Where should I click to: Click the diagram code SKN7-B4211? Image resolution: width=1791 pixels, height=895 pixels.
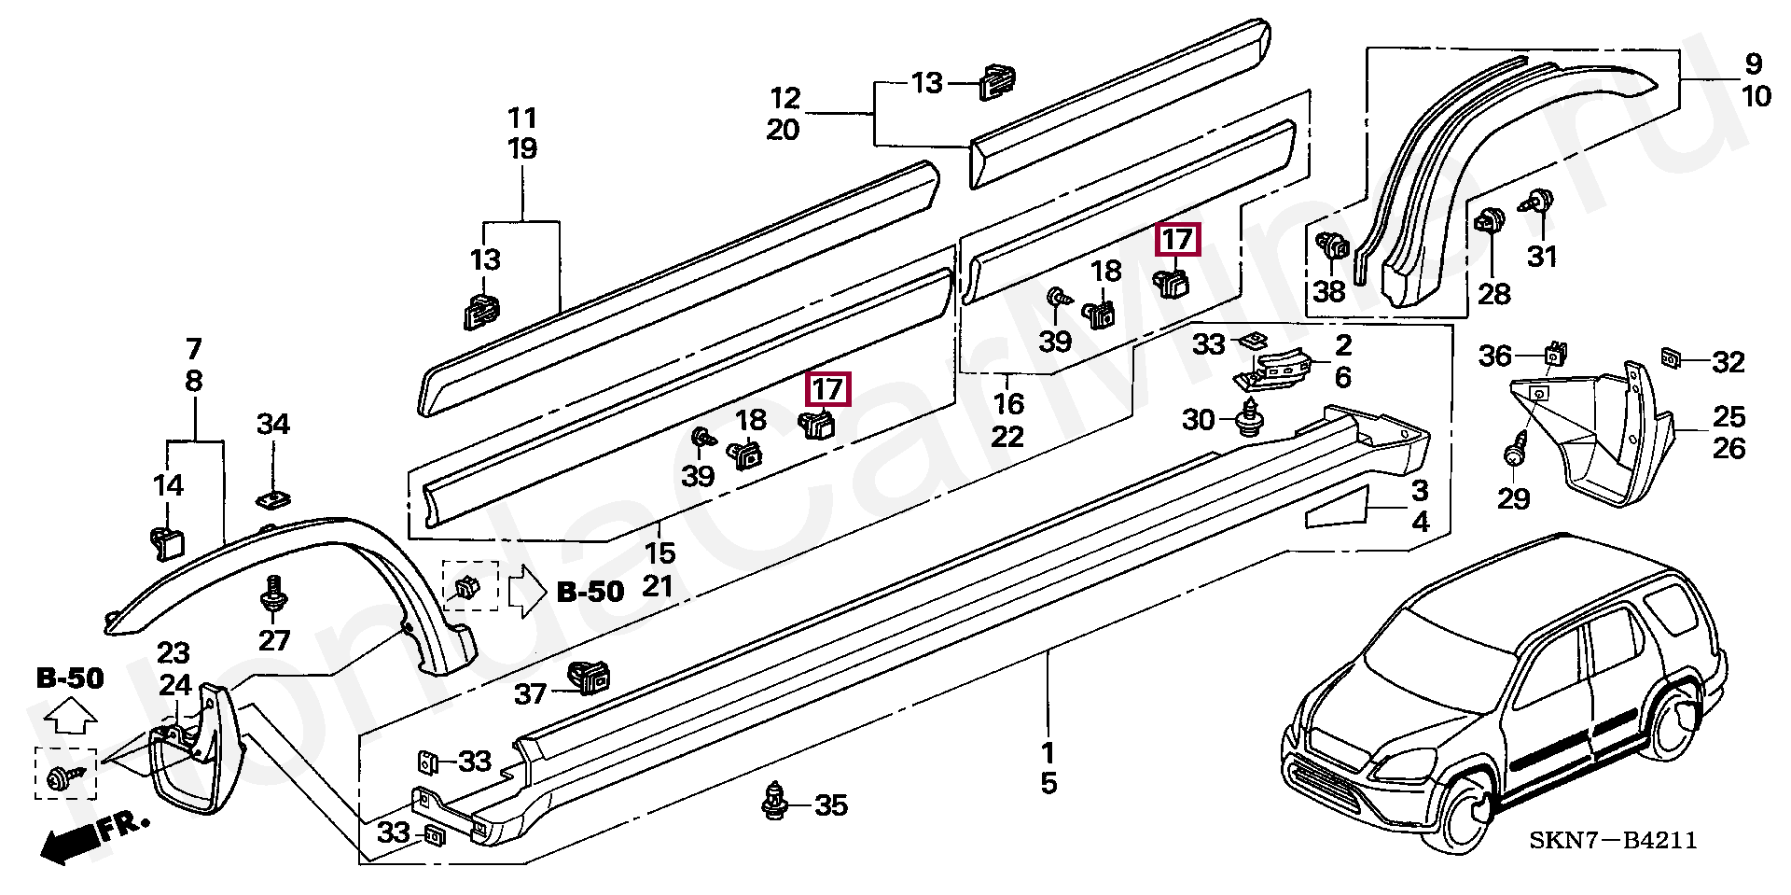pyautogui.click(x=1612, y=841)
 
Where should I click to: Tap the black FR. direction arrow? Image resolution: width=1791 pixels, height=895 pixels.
pyautogui.click(x=74, y=842)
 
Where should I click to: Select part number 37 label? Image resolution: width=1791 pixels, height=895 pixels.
pyautogui.click(x=531, y=694)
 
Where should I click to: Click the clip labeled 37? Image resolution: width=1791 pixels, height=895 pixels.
pyautogui.click(x=589, y=678)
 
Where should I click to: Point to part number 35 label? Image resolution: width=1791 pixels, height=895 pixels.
pyautogui.click(x=830, y=804)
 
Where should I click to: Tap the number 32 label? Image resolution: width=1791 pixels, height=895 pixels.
pyautogui.click(x=1729, y=362)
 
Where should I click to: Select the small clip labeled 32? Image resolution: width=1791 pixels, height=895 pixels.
pyautogui.click(x=1672, y=357)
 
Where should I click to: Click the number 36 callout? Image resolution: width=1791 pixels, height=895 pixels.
pyautogui.click(x=1494, y=356)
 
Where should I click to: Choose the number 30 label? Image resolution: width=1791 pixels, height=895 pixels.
pyautogui.click(x=1199, y=420)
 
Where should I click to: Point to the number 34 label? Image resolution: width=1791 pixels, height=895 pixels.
pyautogui.click(x=273, y=425)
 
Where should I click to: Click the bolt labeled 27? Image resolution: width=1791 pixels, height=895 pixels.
pyautogui.click(x=274, y=594)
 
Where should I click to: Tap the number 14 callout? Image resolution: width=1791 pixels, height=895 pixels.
pyautogui.click(x=168, y=485)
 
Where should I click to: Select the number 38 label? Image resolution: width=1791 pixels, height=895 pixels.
pyautogui.click(x=1329, y=292)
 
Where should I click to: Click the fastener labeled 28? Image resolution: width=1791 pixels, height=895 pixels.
pyautogui.click(x=1489, y=224)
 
